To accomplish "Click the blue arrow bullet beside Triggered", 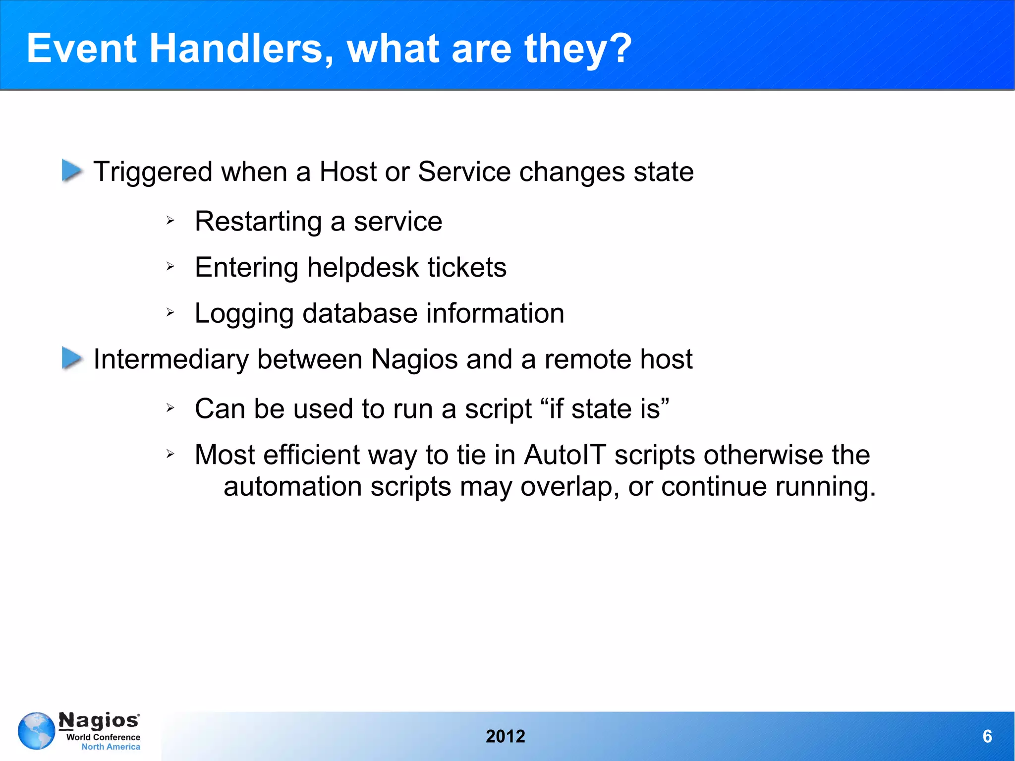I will click(x=72, y=171).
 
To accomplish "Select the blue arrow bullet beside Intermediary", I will click(x=72, y=358).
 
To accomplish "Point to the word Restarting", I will click(x=258, y=222).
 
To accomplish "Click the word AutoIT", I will click(x=565, y=455).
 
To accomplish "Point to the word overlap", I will click(x=570, y=487).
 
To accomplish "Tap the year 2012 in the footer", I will click(x=505, y=736).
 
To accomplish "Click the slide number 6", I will click(x=987, y=736).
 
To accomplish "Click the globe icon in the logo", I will click(x=36, y=731).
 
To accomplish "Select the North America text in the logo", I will click(x=111, y=747).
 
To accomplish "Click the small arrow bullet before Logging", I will click(x=170, y=312).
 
